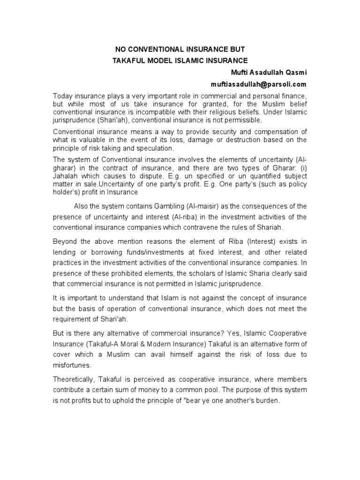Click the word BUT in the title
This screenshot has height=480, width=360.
pyautogui.click(x=237, y=49)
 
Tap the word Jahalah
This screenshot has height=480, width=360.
pyautogui.click(x=65, y=176)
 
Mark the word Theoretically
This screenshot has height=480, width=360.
pyautogui.click(x=76, y=380)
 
